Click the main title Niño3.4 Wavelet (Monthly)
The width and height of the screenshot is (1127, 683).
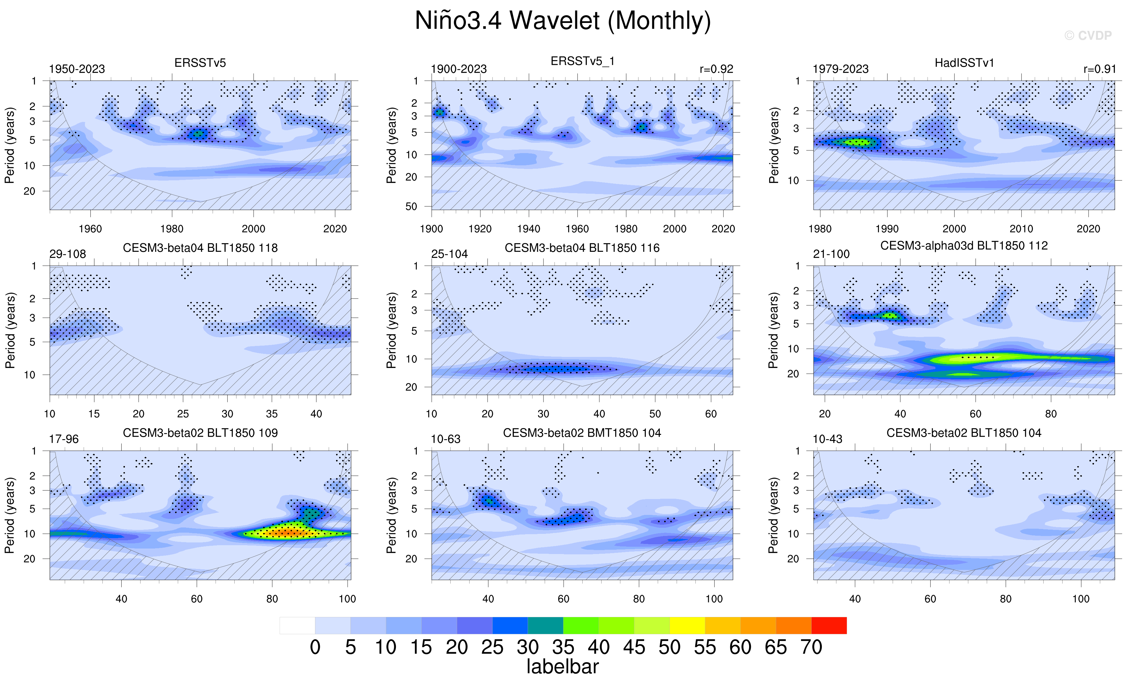point(563,21)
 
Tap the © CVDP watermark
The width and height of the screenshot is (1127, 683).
point(1088,36)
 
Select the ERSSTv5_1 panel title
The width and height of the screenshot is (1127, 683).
point(582,61)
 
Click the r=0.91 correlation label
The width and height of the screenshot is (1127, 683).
point(1100,69)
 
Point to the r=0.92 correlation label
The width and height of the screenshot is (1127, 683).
point(716,69)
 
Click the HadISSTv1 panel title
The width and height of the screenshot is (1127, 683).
point(964,63)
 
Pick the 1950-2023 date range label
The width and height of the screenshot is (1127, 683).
point(77,69)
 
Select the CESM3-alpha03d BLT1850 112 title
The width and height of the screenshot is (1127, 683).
point(964,246)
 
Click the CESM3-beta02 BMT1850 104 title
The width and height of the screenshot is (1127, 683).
point(582,433)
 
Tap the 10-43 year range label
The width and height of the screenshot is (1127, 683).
point(827,439)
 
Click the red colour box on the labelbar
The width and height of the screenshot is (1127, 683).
point(829,625)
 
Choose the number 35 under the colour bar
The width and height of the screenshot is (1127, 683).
point(563,647)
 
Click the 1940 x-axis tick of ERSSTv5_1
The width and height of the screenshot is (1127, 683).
point(529,229)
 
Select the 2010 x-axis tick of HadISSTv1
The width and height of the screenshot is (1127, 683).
point(1021,229)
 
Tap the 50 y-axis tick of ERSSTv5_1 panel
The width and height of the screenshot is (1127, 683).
point(411,206)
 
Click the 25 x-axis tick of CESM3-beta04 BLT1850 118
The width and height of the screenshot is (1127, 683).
point(183,414)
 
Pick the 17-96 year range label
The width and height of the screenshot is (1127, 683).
point(64,439)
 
